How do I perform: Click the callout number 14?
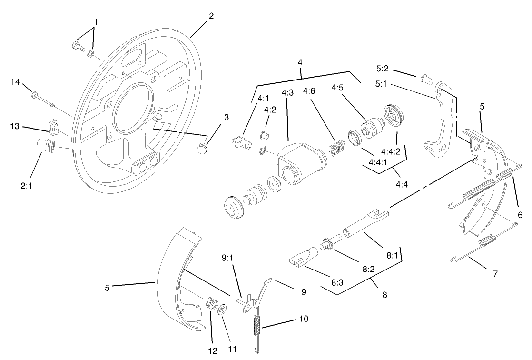click(x=15, y=82)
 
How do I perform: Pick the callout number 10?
click(x=304, y=318)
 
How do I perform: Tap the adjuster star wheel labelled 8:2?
click(x=326, y=244)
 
